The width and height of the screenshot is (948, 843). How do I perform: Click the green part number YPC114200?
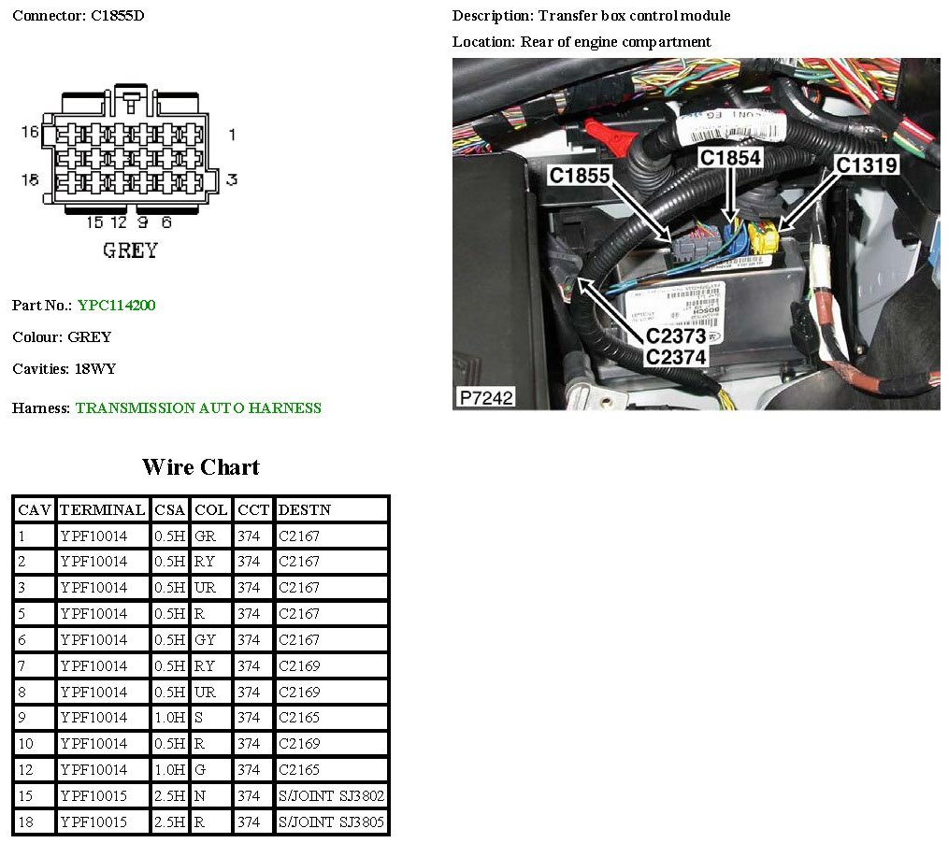click(x=117, y=306)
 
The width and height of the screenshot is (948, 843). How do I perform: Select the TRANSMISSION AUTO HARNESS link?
click(x=198, y=408)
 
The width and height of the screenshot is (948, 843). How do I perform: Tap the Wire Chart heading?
click(x=200, y=467)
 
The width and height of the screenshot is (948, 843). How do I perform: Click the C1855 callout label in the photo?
click(x=580, y=175)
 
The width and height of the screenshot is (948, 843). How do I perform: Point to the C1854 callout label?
click(x=730, y=158)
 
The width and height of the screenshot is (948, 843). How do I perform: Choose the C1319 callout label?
click(x=867, y=165)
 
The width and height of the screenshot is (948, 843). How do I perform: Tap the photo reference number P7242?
click(x=484, y=397)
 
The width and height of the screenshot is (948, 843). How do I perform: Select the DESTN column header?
click(x=305, y=509)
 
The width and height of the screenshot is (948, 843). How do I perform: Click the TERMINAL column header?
click(x=102, y=509)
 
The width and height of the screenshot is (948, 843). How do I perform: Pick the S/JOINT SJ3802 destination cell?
click(x=332, y=796)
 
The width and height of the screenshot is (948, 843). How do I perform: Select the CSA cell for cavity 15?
click(x=169, y=796)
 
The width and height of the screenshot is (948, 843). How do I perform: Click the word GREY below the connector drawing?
click(x=129, y=250)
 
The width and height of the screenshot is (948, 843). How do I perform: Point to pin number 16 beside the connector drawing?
click(x=31, y=132)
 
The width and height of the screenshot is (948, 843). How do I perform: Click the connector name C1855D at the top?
click(x=118, y=16)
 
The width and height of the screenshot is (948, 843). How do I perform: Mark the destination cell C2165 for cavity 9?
click(x=299, y=719)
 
